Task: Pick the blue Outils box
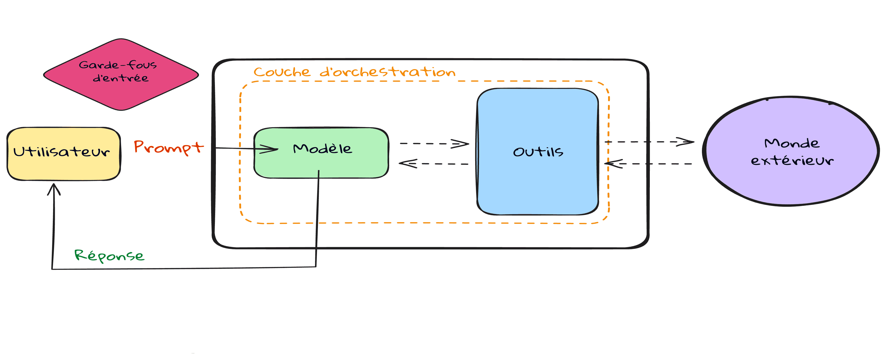coord(538,182)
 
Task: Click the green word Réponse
coord(109,256)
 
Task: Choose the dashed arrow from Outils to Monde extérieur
coord(649,142)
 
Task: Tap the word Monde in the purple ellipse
coord(792,143)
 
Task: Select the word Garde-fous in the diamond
coord(118,65)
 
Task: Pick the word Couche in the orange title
coord(282,72)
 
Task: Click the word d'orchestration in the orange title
coord(388,72)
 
